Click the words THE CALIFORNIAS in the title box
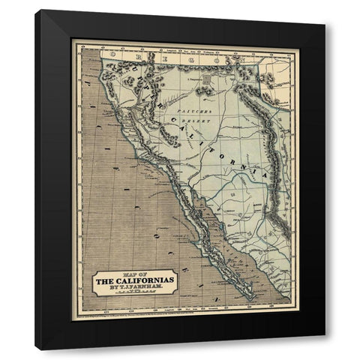point(135,281)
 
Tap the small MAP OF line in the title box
point(135,274)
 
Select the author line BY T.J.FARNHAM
point(135,289)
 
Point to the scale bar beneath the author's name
point(135,295)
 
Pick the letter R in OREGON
point(136,55)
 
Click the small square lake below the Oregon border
point(203,91)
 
